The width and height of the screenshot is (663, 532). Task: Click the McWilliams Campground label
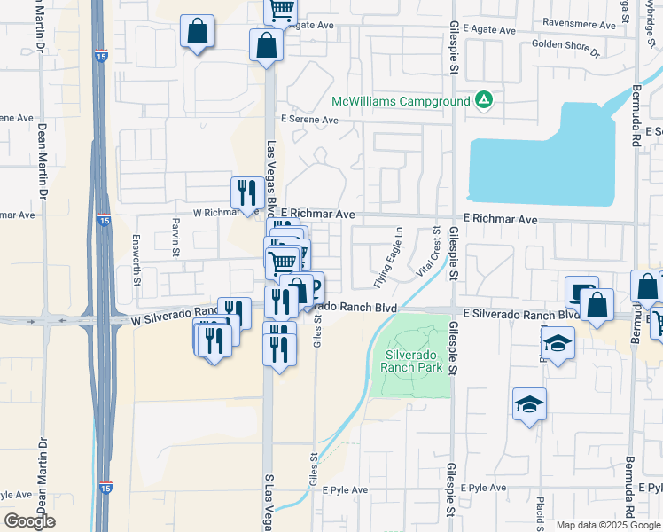click(x=401, y=102)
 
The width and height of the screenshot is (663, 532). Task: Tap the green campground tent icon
click(x=484, y=100)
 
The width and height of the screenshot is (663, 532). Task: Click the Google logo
click(x=29, y=521)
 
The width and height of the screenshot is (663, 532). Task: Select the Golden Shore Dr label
click(x=565, y=44)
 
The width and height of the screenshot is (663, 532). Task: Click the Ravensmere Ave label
click(x=579, y=26)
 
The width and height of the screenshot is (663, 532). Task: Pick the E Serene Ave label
click(x=310, y=120)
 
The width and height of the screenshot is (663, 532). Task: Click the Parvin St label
click(x=176, y=232)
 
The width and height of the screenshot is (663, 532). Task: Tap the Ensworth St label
click(x=136, y=272)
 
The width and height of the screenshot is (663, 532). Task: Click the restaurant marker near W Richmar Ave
click(x=245, y=193)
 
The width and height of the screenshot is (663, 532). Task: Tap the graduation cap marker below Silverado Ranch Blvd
click(x=557, y=343)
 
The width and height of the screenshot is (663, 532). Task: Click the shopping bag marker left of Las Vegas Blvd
click(x=197, y=32)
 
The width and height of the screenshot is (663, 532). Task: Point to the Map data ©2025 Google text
click(x=607, y=525)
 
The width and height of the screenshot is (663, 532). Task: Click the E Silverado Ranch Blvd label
click(x=519, y=315)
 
